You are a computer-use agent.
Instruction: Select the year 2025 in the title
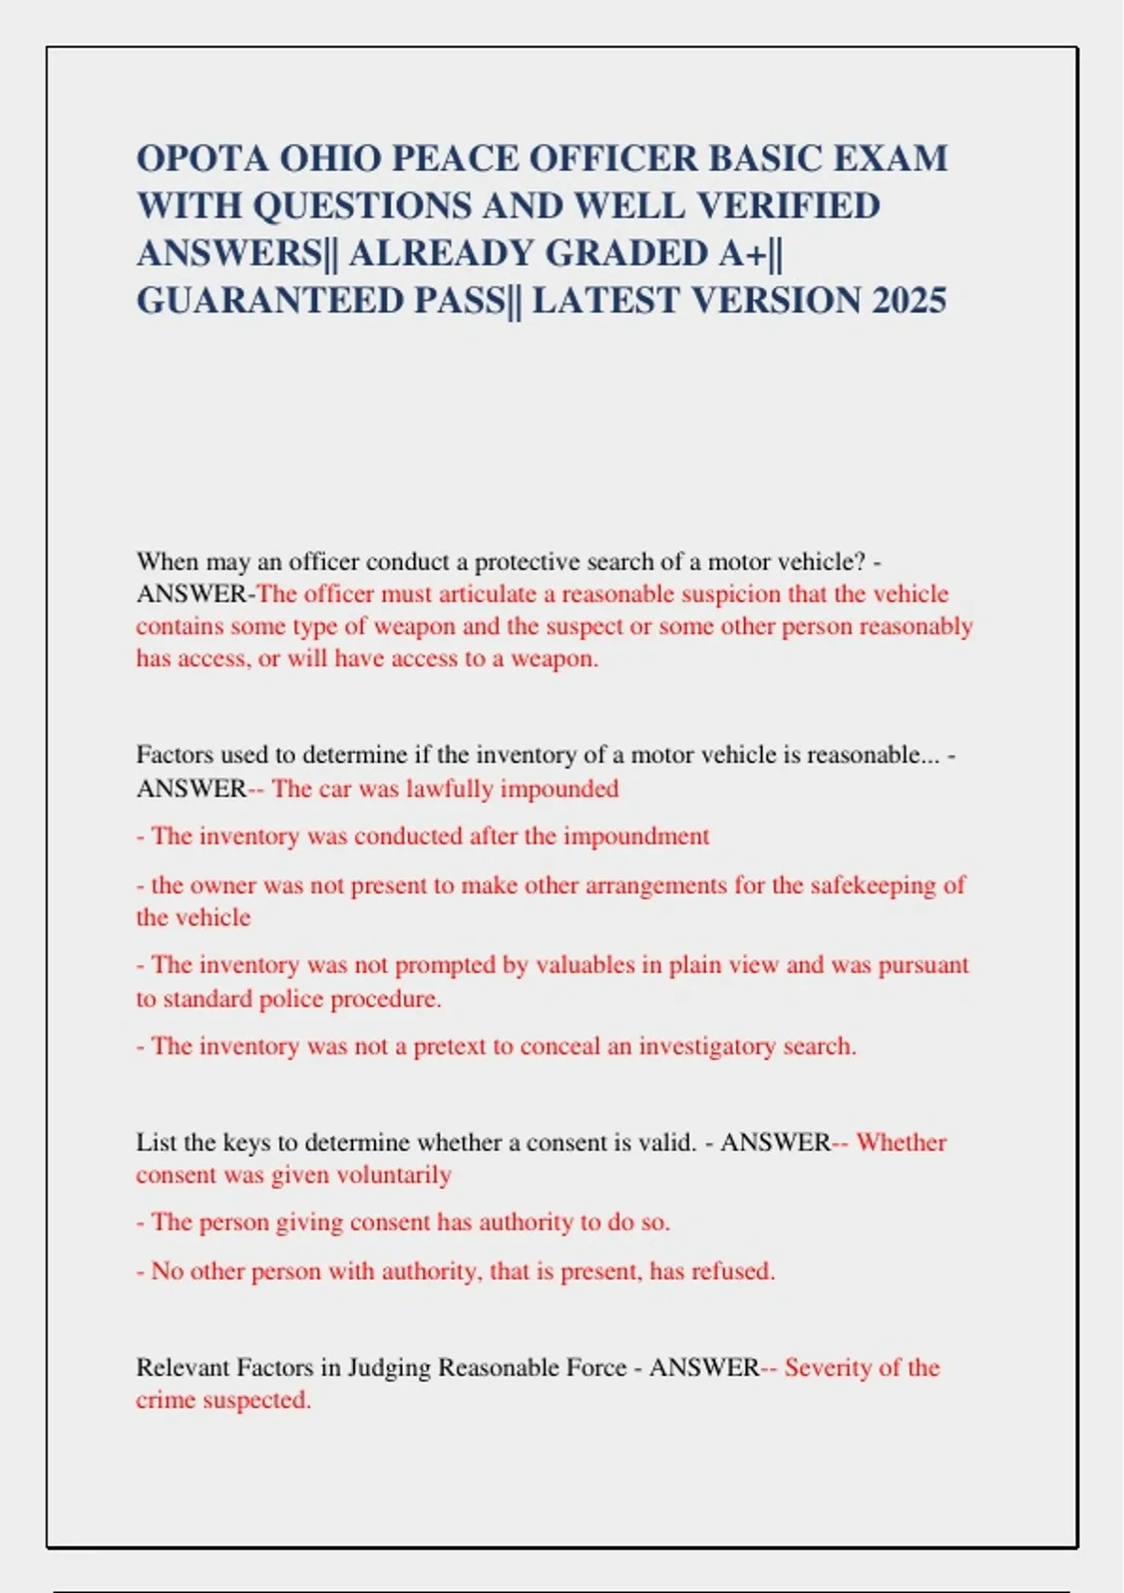click(909, 301)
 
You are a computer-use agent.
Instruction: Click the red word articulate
click(486, 594)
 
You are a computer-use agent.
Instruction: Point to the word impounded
click(559, 788)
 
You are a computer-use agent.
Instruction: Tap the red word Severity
click(829, 1368)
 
